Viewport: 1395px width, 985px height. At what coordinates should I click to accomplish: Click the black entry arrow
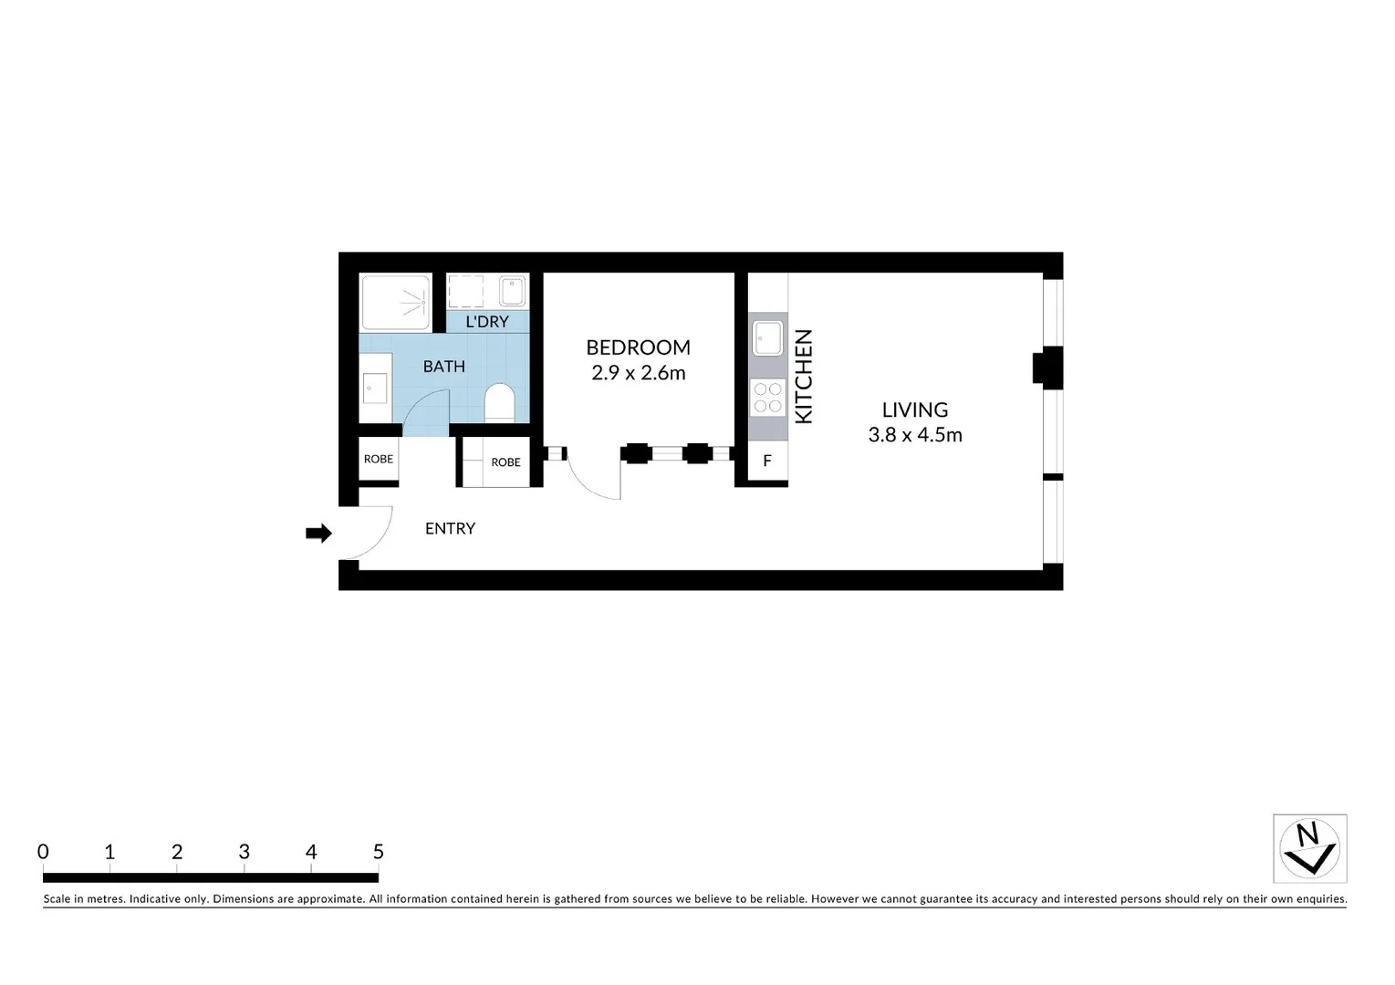(318, 534)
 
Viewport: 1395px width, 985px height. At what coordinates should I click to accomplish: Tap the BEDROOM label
(638, 347)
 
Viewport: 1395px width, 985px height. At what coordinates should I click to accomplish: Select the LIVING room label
(915, 410)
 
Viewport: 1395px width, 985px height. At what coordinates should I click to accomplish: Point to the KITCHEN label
(804, 377)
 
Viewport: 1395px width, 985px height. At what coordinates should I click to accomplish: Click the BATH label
(444, 367)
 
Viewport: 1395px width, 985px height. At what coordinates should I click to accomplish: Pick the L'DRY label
(487, 322)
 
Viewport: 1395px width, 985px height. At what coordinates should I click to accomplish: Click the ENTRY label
(450, 529)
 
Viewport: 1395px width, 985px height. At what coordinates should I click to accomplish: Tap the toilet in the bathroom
(500, 402)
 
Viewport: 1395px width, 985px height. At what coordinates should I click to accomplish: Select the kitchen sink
(767, 337)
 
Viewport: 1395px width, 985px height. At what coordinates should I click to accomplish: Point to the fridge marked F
(767, 461)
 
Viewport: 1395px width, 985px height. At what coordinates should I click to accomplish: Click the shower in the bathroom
(396, 302)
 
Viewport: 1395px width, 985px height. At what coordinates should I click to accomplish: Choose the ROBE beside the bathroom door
(379, 460)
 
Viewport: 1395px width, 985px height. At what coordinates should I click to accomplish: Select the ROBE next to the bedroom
(505, 462)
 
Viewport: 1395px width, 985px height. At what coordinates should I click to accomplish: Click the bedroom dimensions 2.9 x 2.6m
(638, 373)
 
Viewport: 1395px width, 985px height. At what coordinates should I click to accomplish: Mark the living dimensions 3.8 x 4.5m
(915, 435)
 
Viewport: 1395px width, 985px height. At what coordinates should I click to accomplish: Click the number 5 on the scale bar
(379, 852)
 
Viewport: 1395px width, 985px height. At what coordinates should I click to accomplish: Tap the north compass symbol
(1309, 848)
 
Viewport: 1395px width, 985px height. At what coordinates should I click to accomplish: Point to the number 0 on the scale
(43, 852)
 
